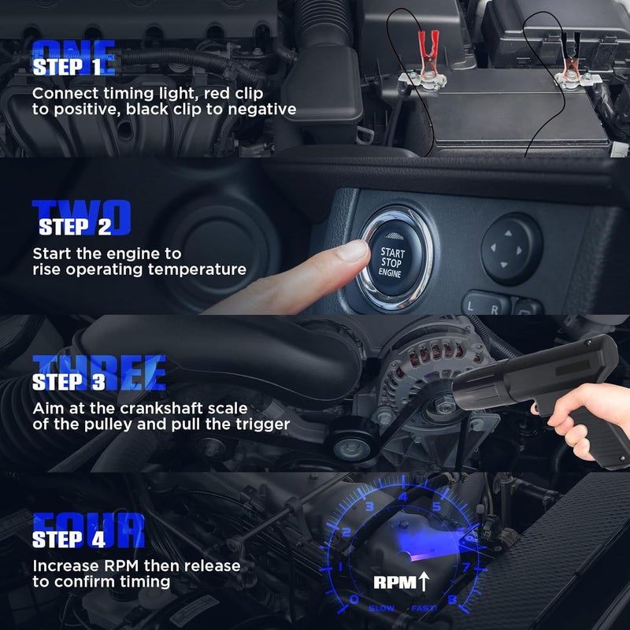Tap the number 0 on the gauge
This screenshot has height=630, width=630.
point(354,599)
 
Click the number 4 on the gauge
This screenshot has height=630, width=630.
point(403,497)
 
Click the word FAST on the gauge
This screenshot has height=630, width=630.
point(421,608)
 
